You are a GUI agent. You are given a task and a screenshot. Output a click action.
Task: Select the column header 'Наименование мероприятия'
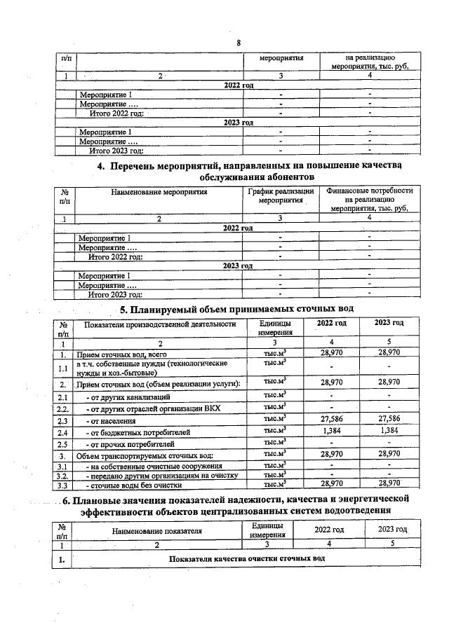click(159, 191)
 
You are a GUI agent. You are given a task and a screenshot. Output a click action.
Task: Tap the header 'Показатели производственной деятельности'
click(159, 324)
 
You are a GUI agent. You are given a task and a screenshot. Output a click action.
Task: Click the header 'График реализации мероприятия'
click(280, 195)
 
